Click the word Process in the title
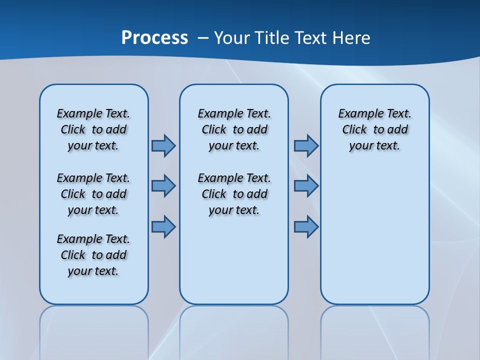click(x=154, y=37)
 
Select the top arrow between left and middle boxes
click(x=163, y=145)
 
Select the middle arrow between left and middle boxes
click(x=163, y=186)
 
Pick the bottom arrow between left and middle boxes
click(x=163, y=226)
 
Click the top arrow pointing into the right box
click(x=306, y=145)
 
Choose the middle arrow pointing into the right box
click(x=306, y=186)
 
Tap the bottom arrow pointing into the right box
click(x=306, y=226)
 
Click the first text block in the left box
click(x=93, y=129)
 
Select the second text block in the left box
click(x=93, y=194)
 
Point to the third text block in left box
click(x=93, y=255)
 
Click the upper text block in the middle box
click(x=234, y=129)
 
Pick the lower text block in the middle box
click(x=234, y=194)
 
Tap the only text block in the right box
click(x=374, y=129)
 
